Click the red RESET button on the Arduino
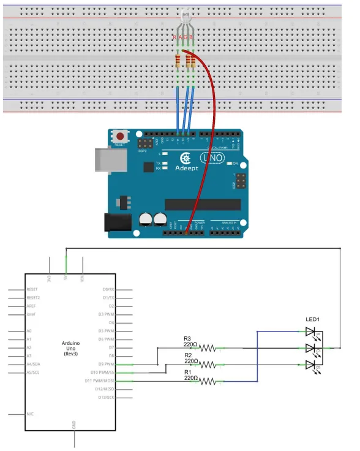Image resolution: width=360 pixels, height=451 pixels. [121, 137]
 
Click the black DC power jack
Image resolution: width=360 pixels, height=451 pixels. [117, 222]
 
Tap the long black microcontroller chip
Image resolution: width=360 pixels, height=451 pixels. [202, 205]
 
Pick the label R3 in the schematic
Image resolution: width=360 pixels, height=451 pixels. [187, 338]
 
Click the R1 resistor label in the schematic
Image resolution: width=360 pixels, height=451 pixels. [187, 371]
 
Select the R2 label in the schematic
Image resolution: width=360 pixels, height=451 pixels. [187, 355]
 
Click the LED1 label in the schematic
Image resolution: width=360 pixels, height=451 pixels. [313, 319]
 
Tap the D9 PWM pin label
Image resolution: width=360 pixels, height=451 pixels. [107, 364]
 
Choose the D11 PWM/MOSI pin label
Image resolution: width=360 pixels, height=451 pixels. [103, 381]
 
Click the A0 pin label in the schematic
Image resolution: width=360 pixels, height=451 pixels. [29, 330]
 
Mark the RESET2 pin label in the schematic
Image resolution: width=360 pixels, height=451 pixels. [33, 297]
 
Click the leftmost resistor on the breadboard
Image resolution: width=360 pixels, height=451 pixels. [178, 60]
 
